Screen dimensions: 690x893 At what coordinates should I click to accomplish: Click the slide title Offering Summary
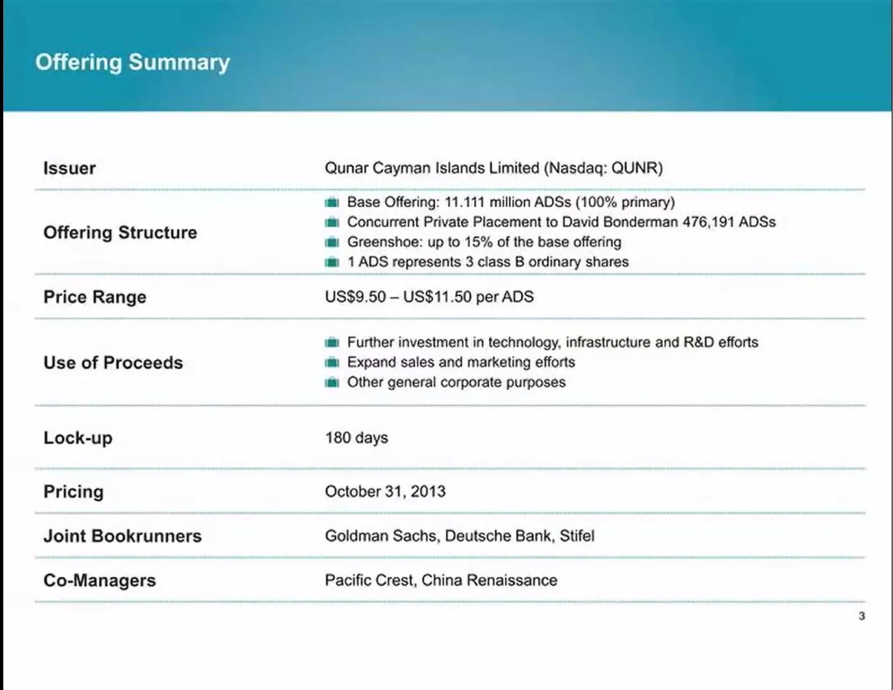point(133,62)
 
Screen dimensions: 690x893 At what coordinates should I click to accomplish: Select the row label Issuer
point(69,168)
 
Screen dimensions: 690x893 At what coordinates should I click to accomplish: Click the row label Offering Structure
point(120,232)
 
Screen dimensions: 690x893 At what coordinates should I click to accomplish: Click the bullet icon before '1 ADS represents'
point(332,262)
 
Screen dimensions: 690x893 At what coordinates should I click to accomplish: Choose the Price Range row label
point(95,297)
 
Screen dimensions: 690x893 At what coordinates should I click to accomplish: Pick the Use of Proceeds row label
point(113,363)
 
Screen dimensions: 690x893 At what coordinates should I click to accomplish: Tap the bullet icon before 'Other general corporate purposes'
point(332,383)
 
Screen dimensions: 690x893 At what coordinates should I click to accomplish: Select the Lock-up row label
point(78,438)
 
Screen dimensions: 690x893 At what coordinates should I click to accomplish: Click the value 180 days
point(356,437)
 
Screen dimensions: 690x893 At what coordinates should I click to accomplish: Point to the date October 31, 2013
point(385,492)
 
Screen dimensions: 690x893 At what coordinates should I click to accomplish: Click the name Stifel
point(576,536)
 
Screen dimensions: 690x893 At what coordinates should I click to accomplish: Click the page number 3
point(862,616)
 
